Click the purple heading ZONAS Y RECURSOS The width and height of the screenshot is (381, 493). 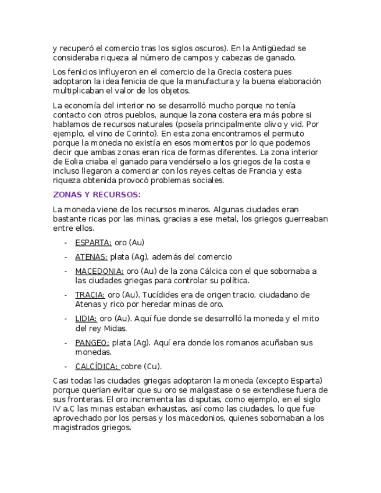(x=97, y=195)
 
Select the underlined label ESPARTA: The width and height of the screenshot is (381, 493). (x=93, y=242)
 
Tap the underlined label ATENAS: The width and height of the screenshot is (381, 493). (x=91, y=257)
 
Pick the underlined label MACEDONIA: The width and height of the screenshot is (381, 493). (x=99, y=271)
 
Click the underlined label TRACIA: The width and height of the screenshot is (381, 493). (x=90, y=295)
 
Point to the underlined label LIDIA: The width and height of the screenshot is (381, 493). (x=86, y=319)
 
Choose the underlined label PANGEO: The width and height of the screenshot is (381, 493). (x=92, y=342)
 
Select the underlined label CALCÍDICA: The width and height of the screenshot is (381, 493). (x=97, y=366)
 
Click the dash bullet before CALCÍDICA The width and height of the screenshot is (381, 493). (x=66, y=366)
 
